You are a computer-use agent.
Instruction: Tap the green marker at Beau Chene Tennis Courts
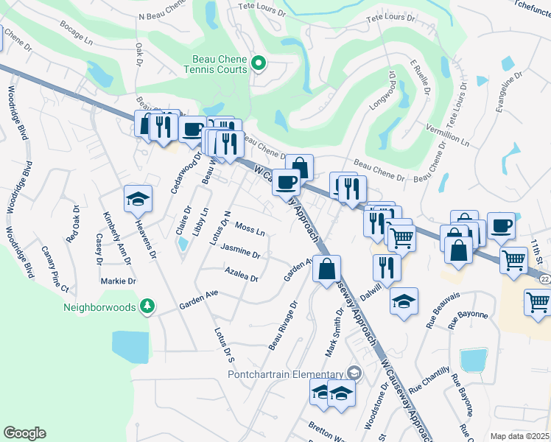258,64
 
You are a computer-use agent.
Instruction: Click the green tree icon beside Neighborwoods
147,305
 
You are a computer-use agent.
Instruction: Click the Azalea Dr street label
242,278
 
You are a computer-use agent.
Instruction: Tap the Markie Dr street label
122,281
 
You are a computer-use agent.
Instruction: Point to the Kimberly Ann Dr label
116,238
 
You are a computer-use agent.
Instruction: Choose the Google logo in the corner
24,433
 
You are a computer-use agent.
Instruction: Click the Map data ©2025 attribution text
520,436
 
